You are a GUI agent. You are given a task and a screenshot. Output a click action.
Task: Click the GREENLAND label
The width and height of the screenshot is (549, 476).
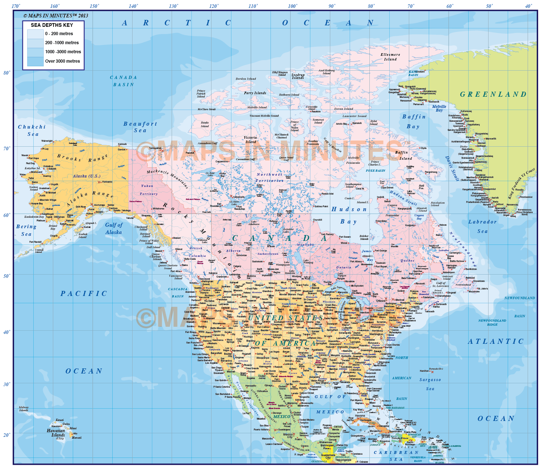(493, 95)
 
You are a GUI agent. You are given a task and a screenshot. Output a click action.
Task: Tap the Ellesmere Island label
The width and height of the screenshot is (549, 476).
(390, 57)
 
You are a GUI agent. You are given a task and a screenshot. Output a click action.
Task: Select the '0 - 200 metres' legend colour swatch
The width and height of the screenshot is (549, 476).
(35, 34)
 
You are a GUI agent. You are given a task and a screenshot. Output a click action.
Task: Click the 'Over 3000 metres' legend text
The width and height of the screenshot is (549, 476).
(62, 61)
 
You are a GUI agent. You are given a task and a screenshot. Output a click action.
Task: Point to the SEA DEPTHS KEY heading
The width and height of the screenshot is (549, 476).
(52, 25)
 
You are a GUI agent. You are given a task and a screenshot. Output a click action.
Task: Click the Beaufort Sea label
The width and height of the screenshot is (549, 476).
(140, 127)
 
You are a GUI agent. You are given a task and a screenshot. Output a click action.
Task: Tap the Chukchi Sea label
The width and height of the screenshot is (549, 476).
(32, 130)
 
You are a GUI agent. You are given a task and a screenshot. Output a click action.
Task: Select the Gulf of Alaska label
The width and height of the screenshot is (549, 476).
(114, 229)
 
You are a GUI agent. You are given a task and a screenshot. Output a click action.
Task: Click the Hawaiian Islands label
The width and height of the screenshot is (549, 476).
(56, 433)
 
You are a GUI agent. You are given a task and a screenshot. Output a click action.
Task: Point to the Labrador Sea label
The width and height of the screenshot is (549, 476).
(482, 226)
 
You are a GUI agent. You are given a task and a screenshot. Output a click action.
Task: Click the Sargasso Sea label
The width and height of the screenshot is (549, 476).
(430, 384)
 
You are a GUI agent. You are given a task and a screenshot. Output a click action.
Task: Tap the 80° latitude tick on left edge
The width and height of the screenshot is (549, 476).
(7, 73)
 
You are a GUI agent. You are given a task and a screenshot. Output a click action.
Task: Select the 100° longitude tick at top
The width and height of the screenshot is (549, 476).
(292, 6)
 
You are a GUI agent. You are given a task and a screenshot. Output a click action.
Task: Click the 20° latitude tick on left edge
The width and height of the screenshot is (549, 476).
(7, 435)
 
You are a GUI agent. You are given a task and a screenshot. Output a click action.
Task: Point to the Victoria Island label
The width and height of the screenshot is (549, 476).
(250, 139)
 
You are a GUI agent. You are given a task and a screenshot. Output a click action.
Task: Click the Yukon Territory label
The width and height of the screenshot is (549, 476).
(148, 190)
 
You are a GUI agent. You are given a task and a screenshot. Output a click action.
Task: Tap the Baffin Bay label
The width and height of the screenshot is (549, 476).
(414, 121)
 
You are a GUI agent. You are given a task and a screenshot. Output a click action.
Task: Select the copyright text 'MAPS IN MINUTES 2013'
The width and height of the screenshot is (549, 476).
(56, 16)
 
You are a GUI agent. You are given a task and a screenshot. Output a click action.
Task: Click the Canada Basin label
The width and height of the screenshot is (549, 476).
(123, 81)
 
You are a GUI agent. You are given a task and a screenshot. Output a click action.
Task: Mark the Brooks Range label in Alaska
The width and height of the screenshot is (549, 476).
(82, 158)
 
